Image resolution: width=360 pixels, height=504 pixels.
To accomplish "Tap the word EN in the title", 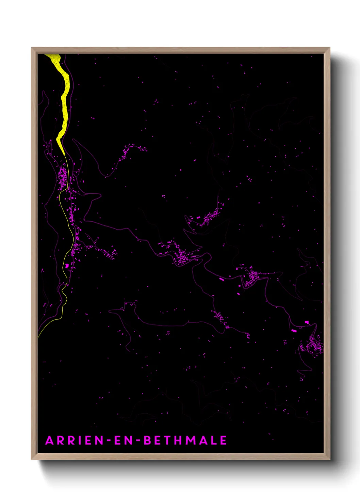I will click(122, 440).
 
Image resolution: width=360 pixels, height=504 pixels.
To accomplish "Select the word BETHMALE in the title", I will click(185, 440).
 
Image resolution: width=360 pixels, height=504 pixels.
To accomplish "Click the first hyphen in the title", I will click(109, 441).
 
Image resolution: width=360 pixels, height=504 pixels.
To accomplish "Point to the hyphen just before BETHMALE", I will click(138, 441).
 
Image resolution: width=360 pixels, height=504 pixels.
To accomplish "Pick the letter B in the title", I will click(147, 440).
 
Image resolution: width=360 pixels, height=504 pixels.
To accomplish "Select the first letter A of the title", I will click(49, 440).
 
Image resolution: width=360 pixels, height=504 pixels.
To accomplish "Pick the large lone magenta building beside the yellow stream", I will click(67, 265).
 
